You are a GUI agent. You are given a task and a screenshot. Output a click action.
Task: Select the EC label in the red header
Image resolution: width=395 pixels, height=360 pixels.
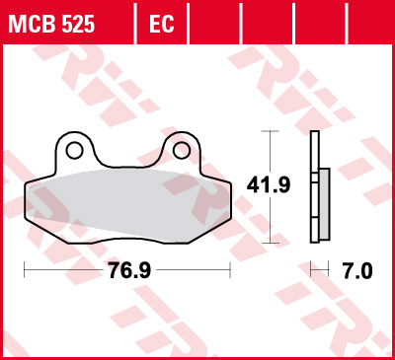(161, 22)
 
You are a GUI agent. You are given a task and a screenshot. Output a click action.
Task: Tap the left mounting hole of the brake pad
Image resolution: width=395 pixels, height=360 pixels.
(73, 150)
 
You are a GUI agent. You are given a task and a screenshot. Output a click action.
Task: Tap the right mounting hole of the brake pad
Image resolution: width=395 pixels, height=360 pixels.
(181, 150)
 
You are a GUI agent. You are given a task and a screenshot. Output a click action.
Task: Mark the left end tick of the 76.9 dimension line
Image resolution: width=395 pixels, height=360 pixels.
(24, 269)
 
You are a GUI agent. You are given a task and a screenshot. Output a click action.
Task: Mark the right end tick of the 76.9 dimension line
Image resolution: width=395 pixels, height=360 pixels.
(230, 269)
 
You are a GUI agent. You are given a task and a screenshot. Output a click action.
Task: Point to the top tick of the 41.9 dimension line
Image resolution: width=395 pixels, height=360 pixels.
(267, 131)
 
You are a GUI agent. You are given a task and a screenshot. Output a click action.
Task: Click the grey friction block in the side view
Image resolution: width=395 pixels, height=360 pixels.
(324, 205)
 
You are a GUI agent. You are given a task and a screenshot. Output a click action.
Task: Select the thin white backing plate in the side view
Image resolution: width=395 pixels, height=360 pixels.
(314, 187)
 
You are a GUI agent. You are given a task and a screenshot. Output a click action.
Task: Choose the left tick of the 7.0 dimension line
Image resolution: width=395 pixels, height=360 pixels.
(310, 269)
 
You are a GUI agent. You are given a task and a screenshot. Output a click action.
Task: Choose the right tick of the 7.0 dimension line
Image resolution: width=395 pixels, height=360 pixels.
(329, 269)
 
